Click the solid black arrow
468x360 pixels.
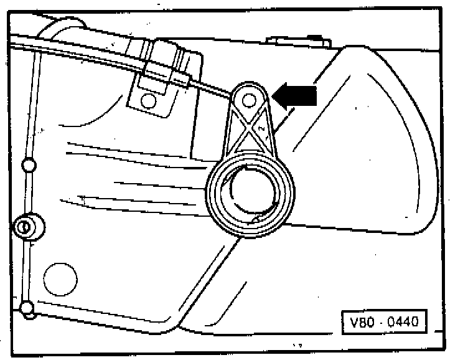point(296,95)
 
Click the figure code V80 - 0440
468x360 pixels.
point(384,323)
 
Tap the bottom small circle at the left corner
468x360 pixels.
point(26,307)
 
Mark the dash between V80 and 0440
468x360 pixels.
point(381,324)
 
